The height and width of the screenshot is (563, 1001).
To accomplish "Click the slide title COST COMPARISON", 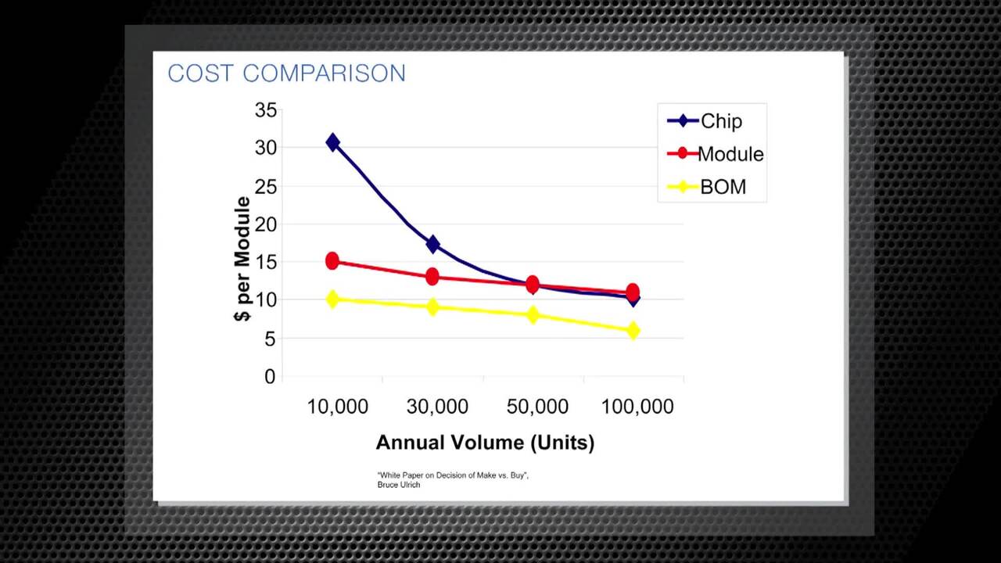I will click(x=286, y=74).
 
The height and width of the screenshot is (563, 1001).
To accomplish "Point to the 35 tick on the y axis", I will click(x=266, y=110).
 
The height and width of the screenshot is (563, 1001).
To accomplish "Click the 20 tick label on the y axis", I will click(x=266, y=224).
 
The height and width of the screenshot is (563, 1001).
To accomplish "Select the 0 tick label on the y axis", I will click(x=270, y=377).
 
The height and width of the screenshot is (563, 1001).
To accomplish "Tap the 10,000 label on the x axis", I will click(x=337, y=407).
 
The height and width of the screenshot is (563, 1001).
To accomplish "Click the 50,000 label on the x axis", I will click(x=537, y=407).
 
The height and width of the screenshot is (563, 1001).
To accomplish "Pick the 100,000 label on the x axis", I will click(x=637, y=407).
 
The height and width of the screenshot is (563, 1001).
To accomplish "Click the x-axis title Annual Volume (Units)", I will click(x=485, y=443).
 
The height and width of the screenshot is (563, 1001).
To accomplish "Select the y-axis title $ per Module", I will click(x=242, y=259).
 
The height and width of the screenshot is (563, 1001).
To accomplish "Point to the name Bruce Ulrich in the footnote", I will click(x=399, y=485).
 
